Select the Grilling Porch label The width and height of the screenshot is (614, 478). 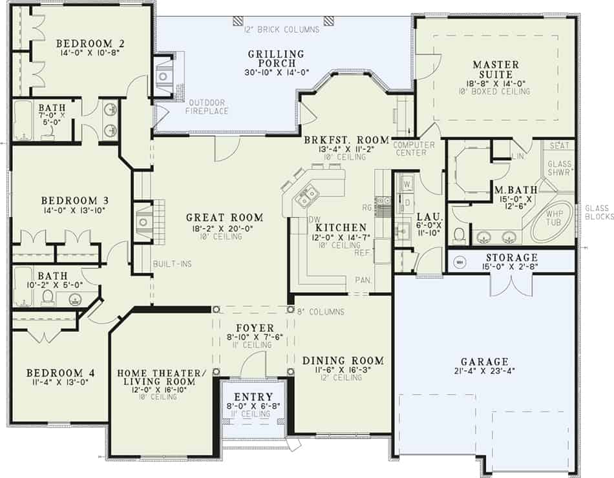coord(275,58)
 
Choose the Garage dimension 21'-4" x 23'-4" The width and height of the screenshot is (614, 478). coord(484,371)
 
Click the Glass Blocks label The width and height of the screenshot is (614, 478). coord(598,213)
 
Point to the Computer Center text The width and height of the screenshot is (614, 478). coord(410,149)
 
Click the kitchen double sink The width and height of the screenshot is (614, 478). coord(305,193)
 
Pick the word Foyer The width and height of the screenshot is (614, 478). coord(255,328)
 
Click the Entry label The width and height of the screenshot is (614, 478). coord(253,397)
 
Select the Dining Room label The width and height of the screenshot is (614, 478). coord(343,360)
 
